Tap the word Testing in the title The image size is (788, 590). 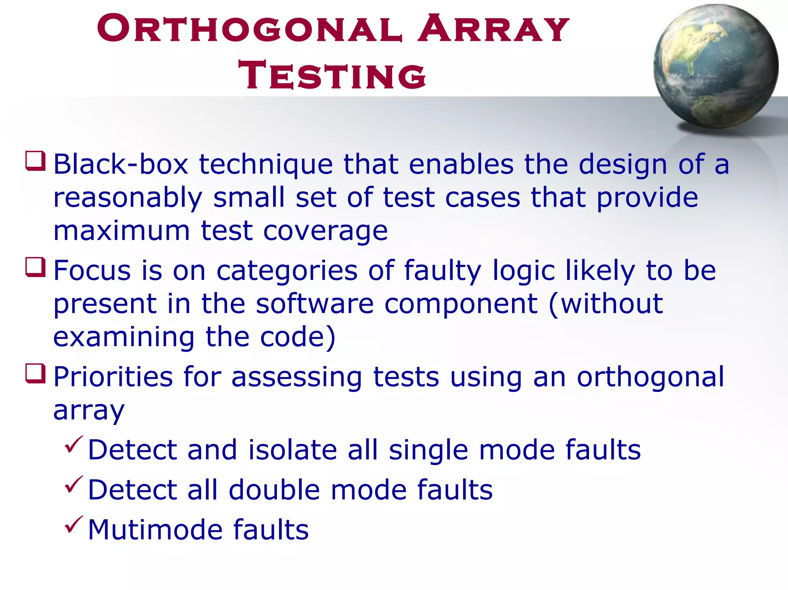[332, 75]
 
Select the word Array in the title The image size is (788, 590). [493, 28]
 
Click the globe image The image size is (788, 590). [715, 66]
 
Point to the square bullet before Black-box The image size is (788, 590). [35, 161]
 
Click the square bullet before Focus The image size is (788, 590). [35, 267]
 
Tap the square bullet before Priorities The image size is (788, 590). [35, 373]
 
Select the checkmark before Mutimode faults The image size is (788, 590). [73, 525]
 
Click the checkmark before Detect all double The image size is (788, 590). [73, 485]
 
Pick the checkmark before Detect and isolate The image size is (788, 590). [73, 445]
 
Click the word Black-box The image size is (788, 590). [120, 165]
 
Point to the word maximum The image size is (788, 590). [122, 231]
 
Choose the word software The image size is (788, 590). [314, 304]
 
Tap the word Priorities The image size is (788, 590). [113, 377]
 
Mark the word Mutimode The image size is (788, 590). [155, 530]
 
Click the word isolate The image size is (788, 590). [293, 450]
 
